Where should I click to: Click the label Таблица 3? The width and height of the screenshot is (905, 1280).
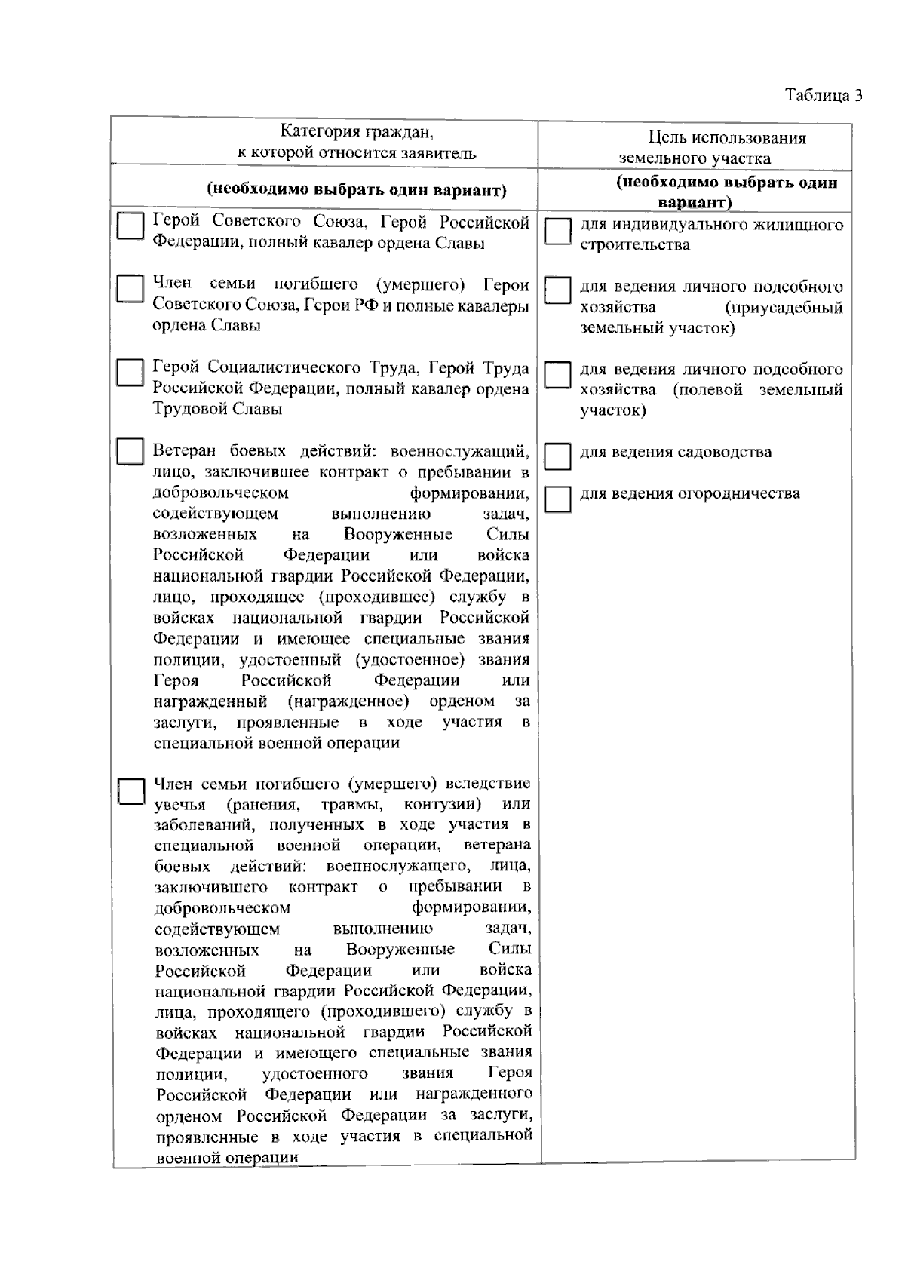823,96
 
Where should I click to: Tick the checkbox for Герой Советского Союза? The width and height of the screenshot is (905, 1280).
130,226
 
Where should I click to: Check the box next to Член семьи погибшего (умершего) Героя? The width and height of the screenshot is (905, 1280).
130,288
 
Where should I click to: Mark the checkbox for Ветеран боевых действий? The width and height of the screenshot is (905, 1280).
130,451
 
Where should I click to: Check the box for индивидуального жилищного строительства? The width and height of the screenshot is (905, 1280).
557,231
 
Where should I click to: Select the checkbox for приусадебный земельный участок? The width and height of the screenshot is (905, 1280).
557,290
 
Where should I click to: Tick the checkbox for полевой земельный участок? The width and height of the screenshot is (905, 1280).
557,374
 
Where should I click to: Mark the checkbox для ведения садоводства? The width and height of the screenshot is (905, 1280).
557,456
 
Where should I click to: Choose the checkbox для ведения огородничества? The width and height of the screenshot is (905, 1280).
557,499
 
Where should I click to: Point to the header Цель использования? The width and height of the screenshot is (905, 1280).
727,138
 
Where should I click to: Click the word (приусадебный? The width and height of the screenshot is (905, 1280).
784,308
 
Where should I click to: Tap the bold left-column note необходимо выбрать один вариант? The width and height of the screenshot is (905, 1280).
356,190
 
